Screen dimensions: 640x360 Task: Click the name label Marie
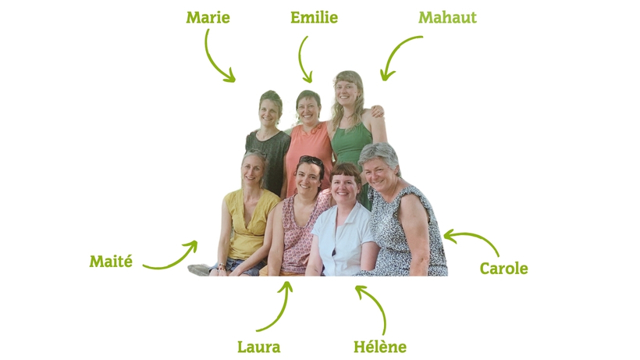(x=208, y=17)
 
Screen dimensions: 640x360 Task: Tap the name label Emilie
(x=314, y=17)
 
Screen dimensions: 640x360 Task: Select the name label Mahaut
(x=447, y=17)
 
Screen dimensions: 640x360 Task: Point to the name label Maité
(x=111, y=262)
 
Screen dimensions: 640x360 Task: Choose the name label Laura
(x=259, y=347)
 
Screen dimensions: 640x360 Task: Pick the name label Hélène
(x=380, y=347)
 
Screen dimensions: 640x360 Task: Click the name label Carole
(x=503, y=268)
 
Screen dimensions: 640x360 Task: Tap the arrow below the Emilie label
(x=300, y=60)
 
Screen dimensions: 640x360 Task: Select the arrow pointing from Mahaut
(x=394, y=50)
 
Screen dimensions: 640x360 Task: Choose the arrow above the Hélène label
(x=378, y=304)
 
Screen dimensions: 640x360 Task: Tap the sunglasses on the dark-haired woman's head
(x=311, y=159)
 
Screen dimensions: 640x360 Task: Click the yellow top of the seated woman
(x=250, y=223)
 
